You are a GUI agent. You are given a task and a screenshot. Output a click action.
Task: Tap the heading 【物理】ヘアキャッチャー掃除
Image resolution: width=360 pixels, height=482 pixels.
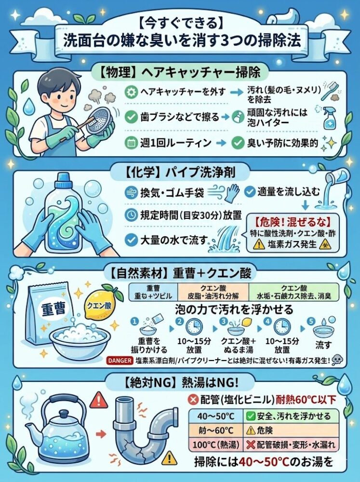pos(179,72)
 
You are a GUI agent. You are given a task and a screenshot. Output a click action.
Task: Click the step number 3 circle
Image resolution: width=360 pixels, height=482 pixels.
pos(223,320)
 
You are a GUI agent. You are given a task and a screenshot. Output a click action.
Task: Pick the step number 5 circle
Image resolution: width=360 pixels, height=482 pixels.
pos(311,320)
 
